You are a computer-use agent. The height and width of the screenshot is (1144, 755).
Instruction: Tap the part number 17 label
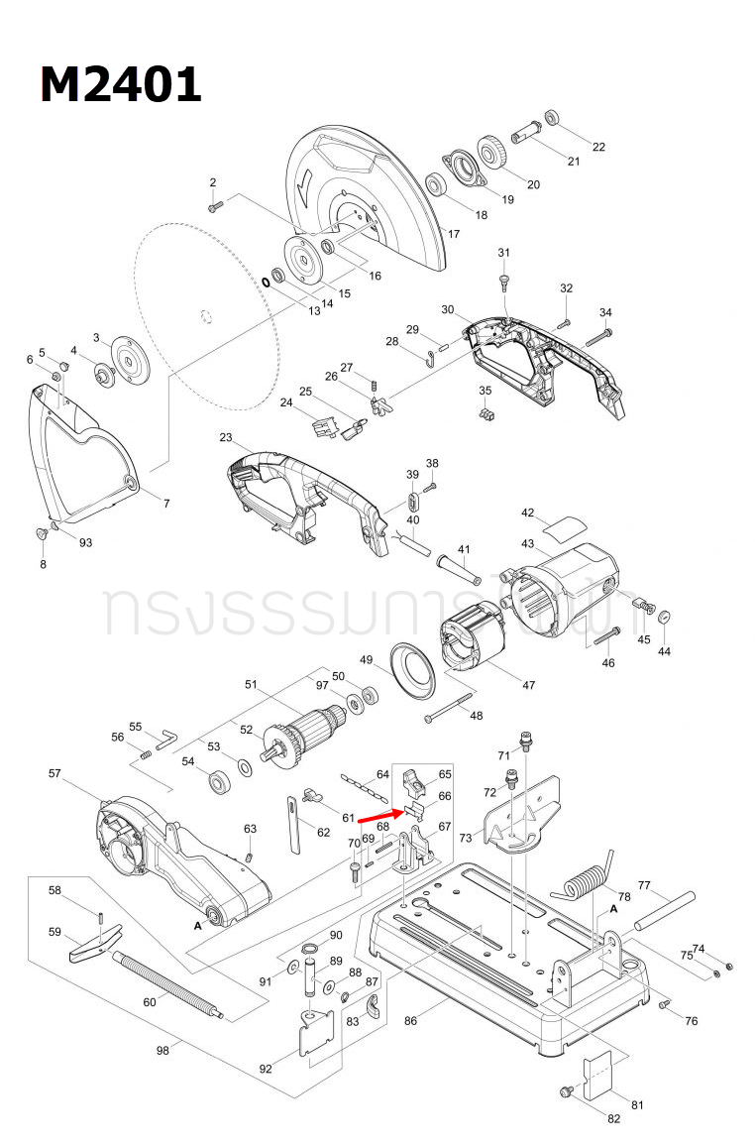(x=453, y=235)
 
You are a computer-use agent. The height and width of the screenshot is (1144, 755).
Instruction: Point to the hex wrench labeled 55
(x=166, y=736)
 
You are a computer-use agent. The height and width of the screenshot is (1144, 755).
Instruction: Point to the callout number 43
(x=527, y=544)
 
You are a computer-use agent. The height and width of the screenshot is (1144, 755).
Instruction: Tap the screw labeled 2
(x=217, y=205)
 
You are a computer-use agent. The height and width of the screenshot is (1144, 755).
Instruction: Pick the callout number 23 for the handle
(x=226, y=437)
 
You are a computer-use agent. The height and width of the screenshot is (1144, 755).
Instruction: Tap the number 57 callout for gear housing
(x=54, y=772)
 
